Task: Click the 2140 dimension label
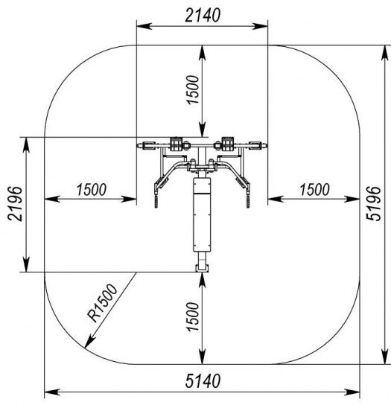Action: click(203, 15)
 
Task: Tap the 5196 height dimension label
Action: click(373, 203)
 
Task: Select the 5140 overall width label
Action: click(203, 381)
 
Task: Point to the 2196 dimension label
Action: click(15, 204)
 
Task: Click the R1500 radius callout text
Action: click(103, 303)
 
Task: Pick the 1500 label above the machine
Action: click(193, 90)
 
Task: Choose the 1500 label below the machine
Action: click(193, 317)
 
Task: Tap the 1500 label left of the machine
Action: click(92, 190)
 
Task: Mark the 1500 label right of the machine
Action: click(314, 190)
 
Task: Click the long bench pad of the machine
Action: click(202, 214)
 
